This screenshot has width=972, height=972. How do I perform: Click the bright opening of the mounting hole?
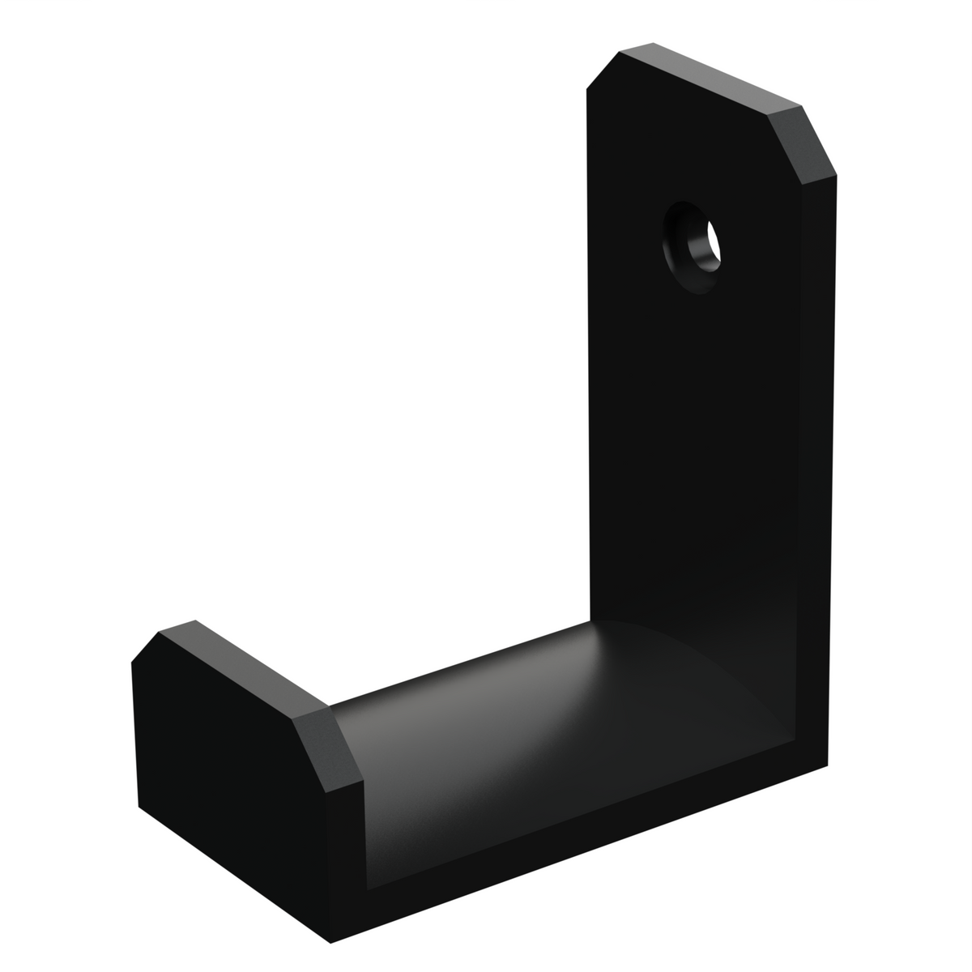click(714, 241)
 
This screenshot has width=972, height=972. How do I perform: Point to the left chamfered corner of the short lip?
click(146, 648)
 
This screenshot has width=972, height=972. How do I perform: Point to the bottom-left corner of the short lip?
click(139, 806)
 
